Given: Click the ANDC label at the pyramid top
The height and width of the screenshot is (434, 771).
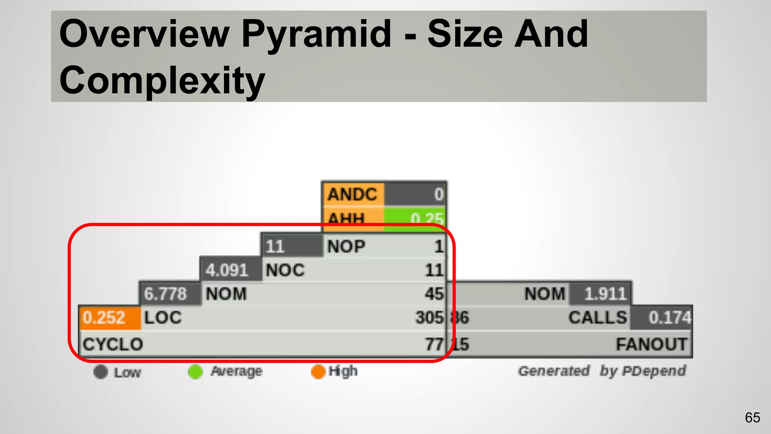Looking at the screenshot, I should [352, 195].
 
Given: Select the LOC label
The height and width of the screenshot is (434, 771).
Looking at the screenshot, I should [163, 318].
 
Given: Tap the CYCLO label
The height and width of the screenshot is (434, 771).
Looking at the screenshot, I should [113, 344].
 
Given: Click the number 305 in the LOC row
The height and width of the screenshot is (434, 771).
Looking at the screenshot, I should [430, 318].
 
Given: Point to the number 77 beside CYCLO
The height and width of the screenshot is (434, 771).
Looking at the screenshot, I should [434, 344].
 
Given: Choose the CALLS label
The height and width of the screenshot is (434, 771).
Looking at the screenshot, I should [598, 318].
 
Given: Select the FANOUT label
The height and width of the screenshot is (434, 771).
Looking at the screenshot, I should [651, 344].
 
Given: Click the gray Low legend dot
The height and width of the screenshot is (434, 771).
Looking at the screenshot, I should [101, 372].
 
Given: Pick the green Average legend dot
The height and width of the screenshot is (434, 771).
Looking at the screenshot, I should [195, 372].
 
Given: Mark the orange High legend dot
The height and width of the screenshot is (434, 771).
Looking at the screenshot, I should [318, 372].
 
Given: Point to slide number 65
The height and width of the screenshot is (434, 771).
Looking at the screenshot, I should [752, 418].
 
